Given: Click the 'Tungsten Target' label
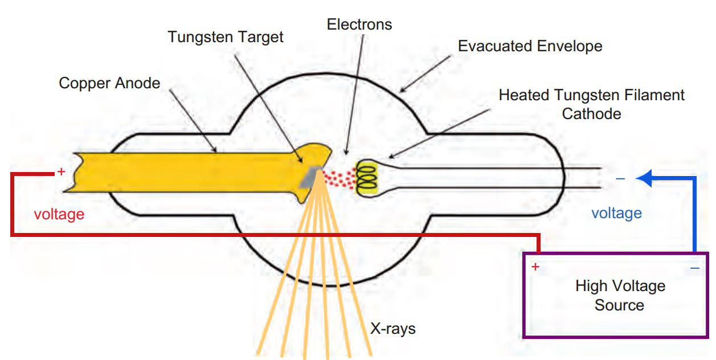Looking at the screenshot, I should (225, 38).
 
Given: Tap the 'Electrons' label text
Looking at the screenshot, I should (359, 24).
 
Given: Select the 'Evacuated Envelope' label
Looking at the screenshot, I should (530, 46).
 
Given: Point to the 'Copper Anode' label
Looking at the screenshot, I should (109, 84).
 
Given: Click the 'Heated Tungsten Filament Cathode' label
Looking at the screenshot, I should (591, 104).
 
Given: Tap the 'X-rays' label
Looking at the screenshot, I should (393, 329).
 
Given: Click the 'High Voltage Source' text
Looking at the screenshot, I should (619, 295).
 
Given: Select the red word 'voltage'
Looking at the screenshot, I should (59, 214).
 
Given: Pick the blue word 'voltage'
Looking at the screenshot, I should (616, 213).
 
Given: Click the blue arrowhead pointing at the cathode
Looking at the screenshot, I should (643, 178).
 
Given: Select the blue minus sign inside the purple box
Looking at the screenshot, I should (694, 267).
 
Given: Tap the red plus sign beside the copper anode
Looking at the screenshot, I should (62, 171).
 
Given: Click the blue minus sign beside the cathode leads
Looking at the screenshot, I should (620, 179).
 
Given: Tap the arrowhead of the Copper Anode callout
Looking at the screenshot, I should (216, 152).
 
